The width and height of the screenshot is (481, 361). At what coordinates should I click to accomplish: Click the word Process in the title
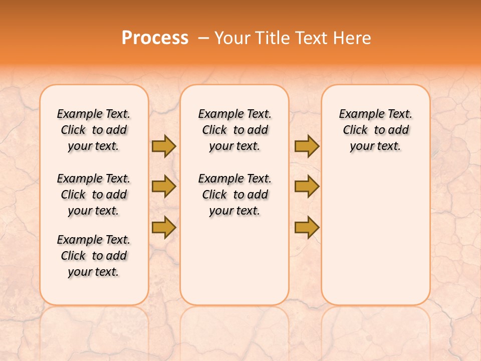155,38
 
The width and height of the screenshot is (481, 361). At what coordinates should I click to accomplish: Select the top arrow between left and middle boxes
163,146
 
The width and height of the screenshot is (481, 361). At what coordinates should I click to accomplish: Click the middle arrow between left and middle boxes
163,187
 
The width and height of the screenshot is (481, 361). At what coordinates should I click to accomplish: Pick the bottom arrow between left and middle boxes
163,227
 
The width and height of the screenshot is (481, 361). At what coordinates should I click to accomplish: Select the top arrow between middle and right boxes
307,146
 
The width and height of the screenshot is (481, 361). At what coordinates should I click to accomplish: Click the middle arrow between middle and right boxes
307,187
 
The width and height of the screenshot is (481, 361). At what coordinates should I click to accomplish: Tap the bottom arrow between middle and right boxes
307,227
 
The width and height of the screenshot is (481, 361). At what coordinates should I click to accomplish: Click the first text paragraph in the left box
94,130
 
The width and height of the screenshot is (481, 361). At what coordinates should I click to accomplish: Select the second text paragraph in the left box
94,195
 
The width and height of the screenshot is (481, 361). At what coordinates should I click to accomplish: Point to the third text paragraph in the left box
94,256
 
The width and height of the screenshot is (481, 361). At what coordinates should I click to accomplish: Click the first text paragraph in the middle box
234,130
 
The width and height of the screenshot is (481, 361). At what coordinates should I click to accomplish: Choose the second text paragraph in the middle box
234,195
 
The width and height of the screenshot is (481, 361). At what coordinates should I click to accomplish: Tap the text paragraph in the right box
375,130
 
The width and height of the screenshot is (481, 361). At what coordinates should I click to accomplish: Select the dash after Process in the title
203,38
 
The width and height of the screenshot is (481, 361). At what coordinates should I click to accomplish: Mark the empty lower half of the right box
375,241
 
